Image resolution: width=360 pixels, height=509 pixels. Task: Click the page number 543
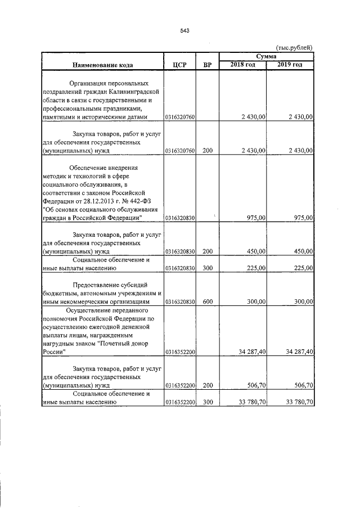click(183, 31)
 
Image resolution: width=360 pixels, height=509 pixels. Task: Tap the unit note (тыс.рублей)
click(294, 49)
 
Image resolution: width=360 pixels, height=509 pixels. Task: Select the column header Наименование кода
click(102, 65)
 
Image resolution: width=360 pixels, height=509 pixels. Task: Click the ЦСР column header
click(179, 65)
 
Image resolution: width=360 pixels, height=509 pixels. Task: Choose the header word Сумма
click(266, 57)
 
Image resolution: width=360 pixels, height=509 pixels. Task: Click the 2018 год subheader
click(242, 65)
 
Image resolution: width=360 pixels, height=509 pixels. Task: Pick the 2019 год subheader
click(290, 65)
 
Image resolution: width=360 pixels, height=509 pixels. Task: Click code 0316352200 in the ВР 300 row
click(179, 402)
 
